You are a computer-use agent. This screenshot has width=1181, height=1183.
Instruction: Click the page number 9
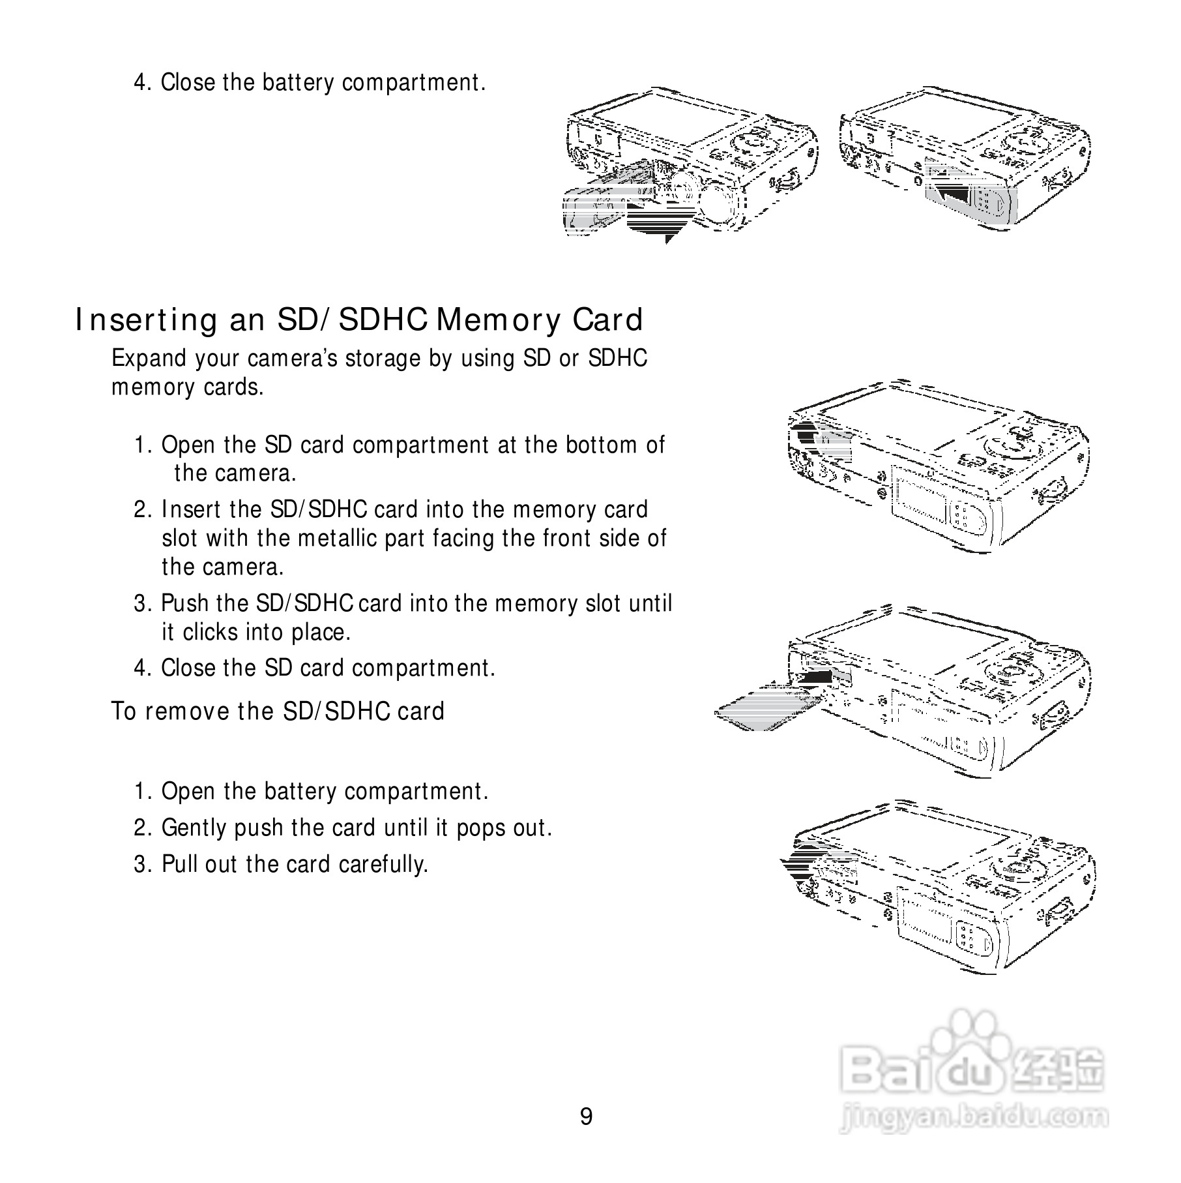click(x=586, y=1117)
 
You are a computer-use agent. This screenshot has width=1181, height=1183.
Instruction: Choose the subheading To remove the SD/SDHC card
click(x=278, y=711)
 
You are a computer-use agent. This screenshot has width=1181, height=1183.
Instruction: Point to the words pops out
click(x=503, y=828)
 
